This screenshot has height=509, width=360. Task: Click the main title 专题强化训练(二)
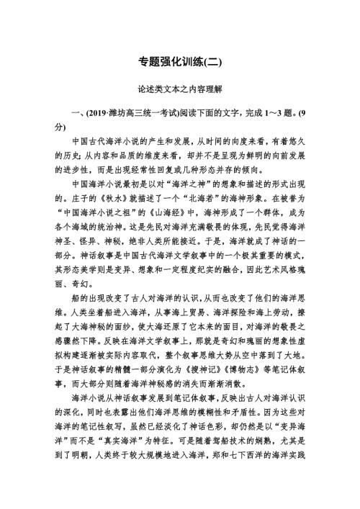tap(180, 63)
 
